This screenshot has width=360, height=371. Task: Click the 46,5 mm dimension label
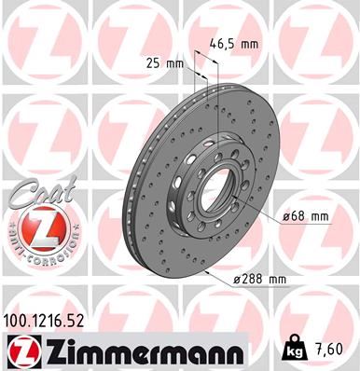[232, 42]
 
